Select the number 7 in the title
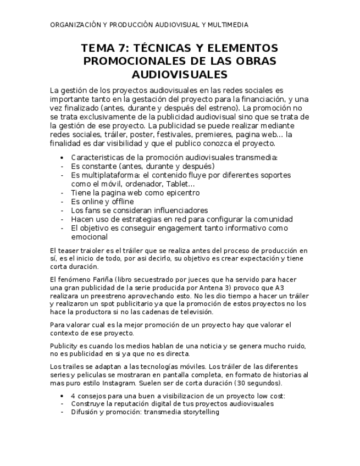117,48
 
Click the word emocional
89,236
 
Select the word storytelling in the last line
200,412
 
